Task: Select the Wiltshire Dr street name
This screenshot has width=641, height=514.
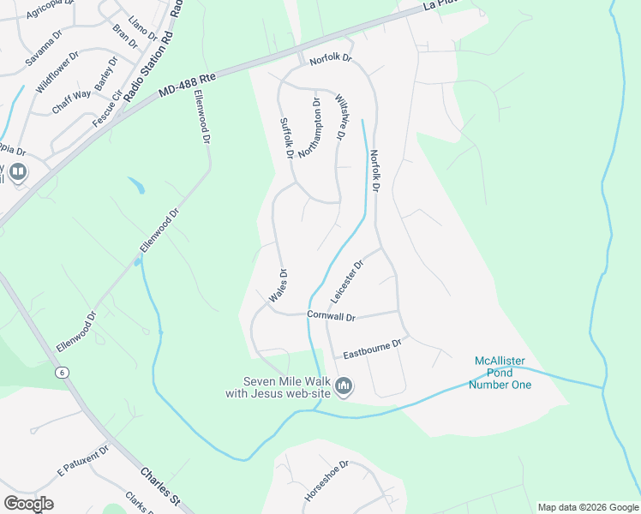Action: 339,117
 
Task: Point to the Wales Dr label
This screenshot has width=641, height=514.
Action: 278,285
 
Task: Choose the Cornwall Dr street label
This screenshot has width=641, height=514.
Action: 331,316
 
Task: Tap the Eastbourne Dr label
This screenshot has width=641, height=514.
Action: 372,348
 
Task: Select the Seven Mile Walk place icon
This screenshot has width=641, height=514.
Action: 344,387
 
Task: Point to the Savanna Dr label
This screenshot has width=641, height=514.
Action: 43,49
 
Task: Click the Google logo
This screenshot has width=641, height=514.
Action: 28,504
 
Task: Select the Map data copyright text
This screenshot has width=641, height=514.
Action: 587,507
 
